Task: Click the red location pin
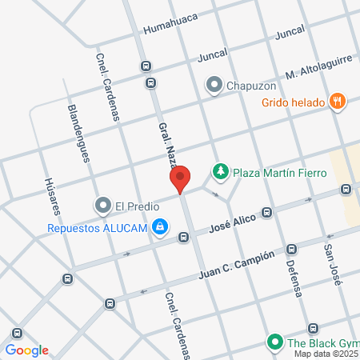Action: [180, 178]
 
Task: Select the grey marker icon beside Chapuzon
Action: [214, 84]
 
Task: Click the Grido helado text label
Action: [292, 102]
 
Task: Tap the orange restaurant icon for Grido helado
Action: [339, 102]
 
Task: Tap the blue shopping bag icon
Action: [161, 227]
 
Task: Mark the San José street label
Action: [334, 263]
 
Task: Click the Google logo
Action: [26, 350]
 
